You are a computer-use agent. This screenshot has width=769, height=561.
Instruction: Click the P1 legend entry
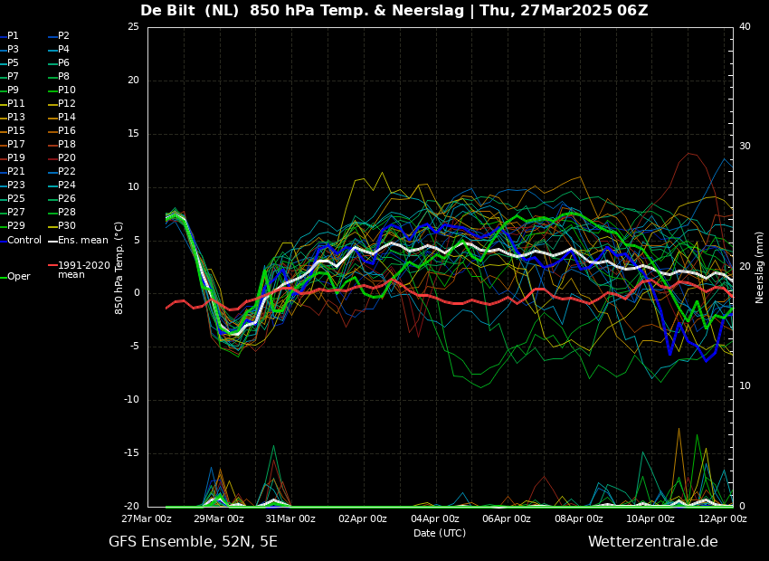click(13, 36)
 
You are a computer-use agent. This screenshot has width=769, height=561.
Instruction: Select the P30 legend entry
click(67, 226)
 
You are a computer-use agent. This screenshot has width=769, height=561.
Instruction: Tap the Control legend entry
click(24, 240)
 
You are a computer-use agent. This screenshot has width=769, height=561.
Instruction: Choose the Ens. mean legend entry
click(82, 240)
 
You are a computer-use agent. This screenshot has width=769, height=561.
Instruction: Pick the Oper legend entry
click(18, 277)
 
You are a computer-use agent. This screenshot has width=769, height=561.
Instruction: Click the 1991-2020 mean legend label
click(83, 270)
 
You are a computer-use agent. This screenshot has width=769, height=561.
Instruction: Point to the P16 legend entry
click(67, 131)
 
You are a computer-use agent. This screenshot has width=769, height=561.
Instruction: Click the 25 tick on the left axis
click(133, 27)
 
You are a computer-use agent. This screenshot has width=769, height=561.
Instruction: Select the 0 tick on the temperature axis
click(136, 293)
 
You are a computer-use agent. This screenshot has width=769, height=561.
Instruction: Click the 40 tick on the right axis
click(745, 27)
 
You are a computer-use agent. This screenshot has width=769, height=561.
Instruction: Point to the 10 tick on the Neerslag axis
click(745, 386)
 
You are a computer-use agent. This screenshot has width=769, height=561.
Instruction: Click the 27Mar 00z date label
click(147, 519)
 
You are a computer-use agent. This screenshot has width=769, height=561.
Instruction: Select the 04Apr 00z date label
click(435, 519)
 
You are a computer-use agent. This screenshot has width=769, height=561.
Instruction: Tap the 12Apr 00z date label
click(723, 519)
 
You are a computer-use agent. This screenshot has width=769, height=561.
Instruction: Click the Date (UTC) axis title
click(440, 534)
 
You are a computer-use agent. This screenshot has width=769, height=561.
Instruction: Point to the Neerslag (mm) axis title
click(760, 267)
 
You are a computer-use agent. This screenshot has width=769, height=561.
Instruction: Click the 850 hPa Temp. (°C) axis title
click(119, 267)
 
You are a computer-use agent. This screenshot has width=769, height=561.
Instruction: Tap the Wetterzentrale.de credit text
click(652, 542)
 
